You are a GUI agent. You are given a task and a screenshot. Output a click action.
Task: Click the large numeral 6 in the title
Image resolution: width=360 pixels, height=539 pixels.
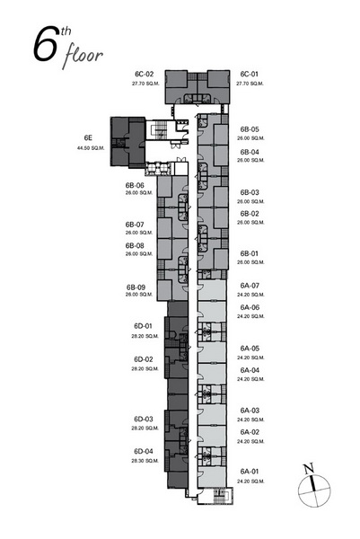point(45,44)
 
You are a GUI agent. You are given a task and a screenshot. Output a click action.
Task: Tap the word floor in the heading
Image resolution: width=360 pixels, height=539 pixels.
point(83,56)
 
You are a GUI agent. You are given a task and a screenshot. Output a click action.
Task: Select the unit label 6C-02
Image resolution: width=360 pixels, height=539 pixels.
point(145,74)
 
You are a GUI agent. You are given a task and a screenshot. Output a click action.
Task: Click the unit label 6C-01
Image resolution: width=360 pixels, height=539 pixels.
point(249,74)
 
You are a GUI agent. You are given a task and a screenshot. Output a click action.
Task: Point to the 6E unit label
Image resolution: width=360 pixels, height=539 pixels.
point(88,137)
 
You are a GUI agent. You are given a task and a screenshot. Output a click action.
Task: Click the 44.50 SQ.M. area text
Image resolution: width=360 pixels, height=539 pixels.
point(91,148)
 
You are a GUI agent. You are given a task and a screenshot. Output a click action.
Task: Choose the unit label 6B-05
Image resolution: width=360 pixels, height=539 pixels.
point(250,129)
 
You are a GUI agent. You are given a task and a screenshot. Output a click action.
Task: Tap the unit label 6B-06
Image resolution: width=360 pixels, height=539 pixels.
point(135,185)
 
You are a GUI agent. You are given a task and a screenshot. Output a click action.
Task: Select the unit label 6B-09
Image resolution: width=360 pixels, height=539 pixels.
point(136,287)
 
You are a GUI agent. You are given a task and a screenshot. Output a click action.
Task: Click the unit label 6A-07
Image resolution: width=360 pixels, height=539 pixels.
point(250,286)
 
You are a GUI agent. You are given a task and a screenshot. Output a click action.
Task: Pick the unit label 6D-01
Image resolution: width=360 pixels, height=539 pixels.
point(144,326)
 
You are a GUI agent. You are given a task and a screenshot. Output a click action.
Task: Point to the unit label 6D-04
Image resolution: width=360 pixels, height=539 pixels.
point(144,451)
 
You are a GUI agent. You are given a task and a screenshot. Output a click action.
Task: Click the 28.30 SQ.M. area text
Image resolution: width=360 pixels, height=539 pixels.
point(145,461)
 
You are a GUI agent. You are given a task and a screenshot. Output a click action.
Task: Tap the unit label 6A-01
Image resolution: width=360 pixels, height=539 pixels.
point(250,472)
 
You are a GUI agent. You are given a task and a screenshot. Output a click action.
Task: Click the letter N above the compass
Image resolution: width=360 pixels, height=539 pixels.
point(309,468)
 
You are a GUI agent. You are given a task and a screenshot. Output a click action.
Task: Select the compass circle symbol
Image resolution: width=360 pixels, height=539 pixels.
point(314,490)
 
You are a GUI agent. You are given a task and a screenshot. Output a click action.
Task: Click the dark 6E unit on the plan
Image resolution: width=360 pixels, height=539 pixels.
point(127,142)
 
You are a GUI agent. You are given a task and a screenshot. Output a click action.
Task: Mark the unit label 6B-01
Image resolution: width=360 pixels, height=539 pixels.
point(249,253)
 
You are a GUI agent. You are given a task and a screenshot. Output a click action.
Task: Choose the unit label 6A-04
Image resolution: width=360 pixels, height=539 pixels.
point(250,370)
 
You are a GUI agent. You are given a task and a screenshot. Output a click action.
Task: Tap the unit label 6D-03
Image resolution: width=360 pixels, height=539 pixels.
point(144,419)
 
